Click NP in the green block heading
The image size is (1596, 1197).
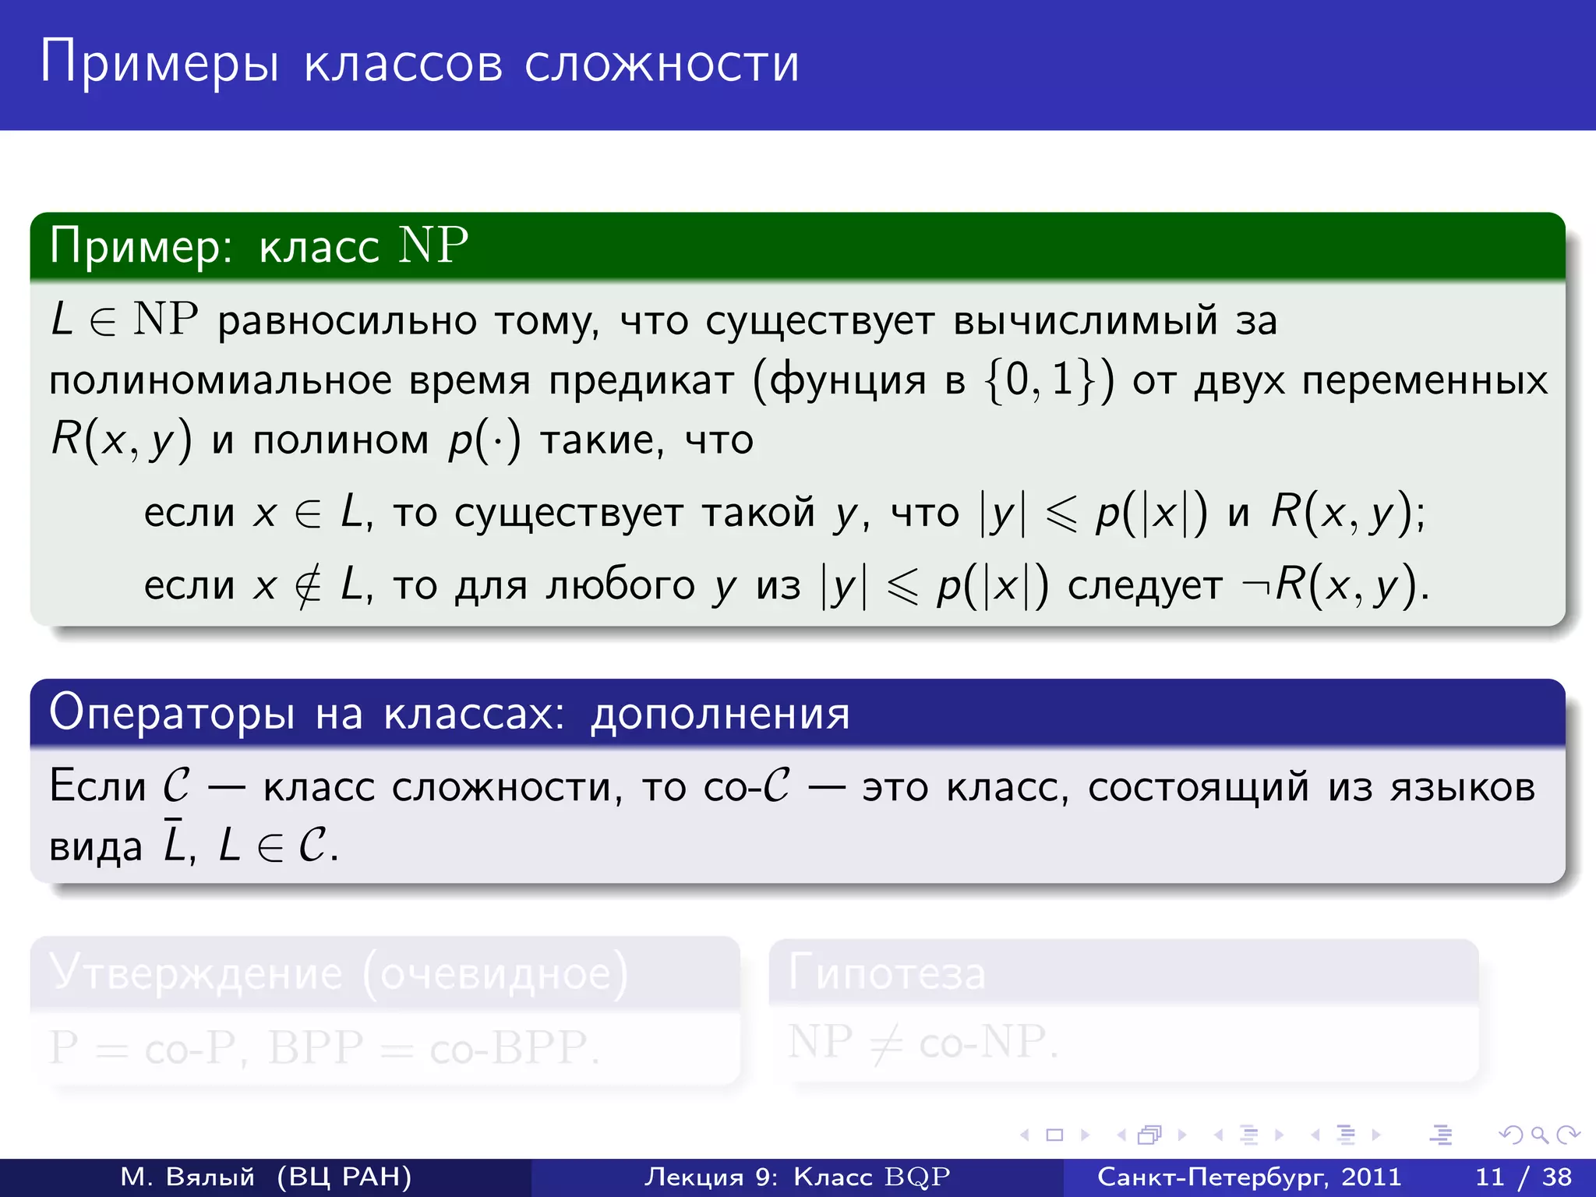pos(433,245)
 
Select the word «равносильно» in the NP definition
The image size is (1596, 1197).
pos(347,321)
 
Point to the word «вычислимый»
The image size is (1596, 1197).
pos(1085,321)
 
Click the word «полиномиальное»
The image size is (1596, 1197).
pos(221,381)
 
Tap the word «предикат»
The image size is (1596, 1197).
pos(641,381)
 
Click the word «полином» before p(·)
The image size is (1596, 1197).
pos(341,440)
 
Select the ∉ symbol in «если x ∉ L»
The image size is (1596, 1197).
pos(308,586)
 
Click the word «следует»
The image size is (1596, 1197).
pos(1145,586)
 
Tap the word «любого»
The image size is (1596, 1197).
pos(620,586)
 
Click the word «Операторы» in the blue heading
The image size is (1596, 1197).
pos(172,712)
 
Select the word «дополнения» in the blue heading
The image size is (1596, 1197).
pos(719,714)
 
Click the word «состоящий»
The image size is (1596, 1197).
pos(1199,787)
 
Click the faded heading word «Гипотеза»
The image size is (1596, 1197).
pos(887,973)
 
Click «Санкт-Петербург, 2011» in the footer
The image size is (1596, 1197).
pos(1249,1177)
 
